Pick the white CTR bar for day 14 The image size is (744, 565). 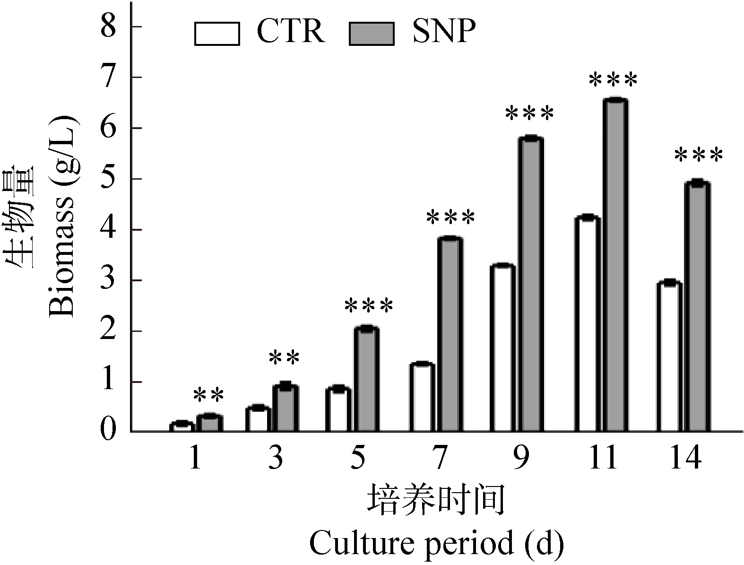pos(669,356)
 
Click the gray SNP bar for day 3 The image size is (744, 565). pos(285,409)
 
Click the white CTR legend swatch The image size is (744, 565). pos(216,34)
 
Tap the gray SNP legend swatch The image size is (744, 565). pos(372,34)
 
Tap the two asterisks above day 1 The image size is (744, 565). pos(208,395)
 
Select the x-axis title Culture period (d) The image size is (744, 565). pos(436,543)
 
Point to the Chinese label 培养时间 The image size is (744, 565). pos(436,499)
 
